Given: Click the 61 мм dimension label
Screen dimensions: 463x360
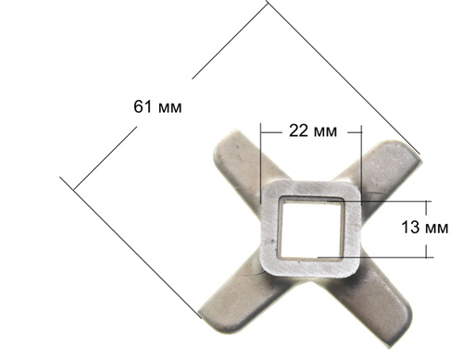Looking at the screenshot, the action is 157,106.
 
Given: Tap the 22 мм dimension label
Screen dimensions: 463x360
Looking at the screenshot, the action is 313,131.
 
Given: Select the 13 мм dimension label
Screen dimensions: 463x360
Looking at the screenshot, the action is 425,228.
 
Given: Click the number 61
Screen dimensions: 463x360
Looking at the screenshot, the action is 143,106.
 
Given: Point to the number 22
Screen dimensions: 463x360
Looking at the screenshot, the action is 298,131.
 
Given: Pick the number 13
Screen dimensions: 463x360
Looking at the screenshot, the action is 410,228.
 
